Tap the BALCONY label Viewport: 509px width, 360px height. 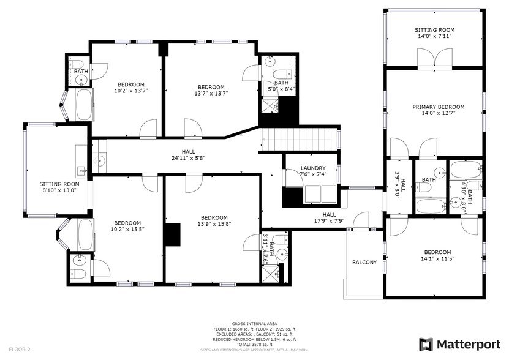point(364,263)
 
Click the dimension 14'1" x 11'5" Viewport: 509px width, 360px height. point(437,259)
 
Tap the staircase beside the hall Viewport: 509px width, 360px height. point(300,138)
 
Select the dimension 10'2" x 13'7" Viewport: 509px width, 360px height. point(131,91)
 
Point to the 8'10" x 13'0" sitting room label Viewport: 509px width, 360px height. point(59,190)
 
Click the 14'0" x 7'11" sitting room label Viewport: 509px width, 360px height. point(434,36)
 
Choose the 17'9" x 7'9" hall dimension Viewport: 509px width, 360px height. point(329,222)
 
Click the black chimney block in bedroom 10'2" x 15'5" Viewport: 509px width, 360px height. point(172,234)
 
